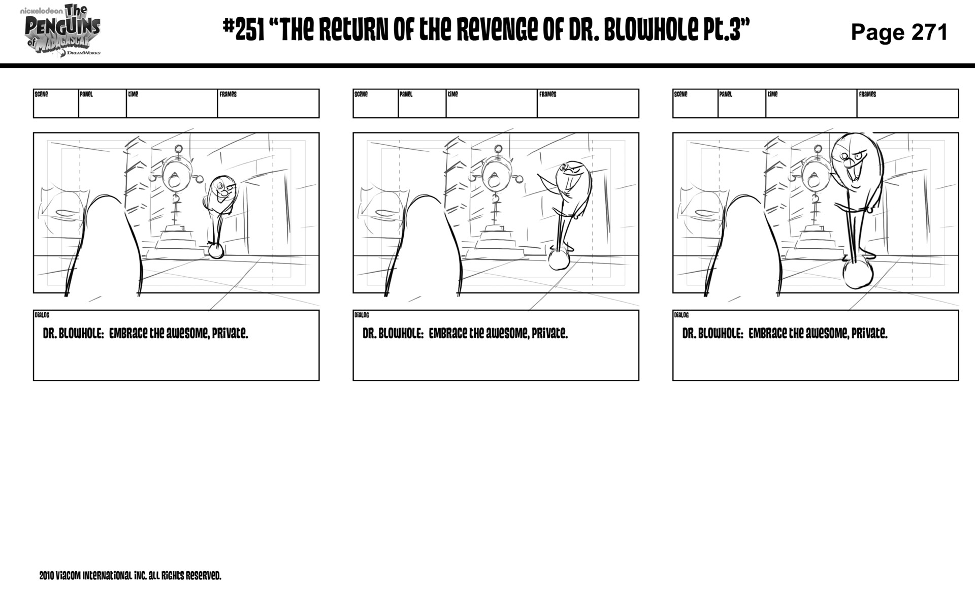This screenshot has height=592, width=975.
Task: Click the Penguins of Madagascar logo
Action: pyautogui.click(x=62, y=30)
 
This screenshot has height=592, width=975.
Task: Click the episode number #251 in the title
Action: pyautogui.click(x=244, y=30)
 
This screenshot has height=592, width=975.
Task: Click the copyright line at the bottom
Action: pyautogui.click(x=130, y=576)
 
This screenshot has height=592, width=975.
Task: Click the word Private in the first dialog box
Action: pyautogui.click(x=230, y=334)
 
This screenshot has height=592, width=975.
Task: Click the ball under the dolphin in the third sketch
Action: pyautogui.click(x=858, y=274)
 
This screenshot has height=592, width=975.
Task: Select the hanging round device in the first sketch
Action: pyautogui.click(x=176, y=175)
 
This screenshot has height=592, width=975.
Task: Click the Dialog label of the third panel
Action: pyautogui.click(x=681, y=315)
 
